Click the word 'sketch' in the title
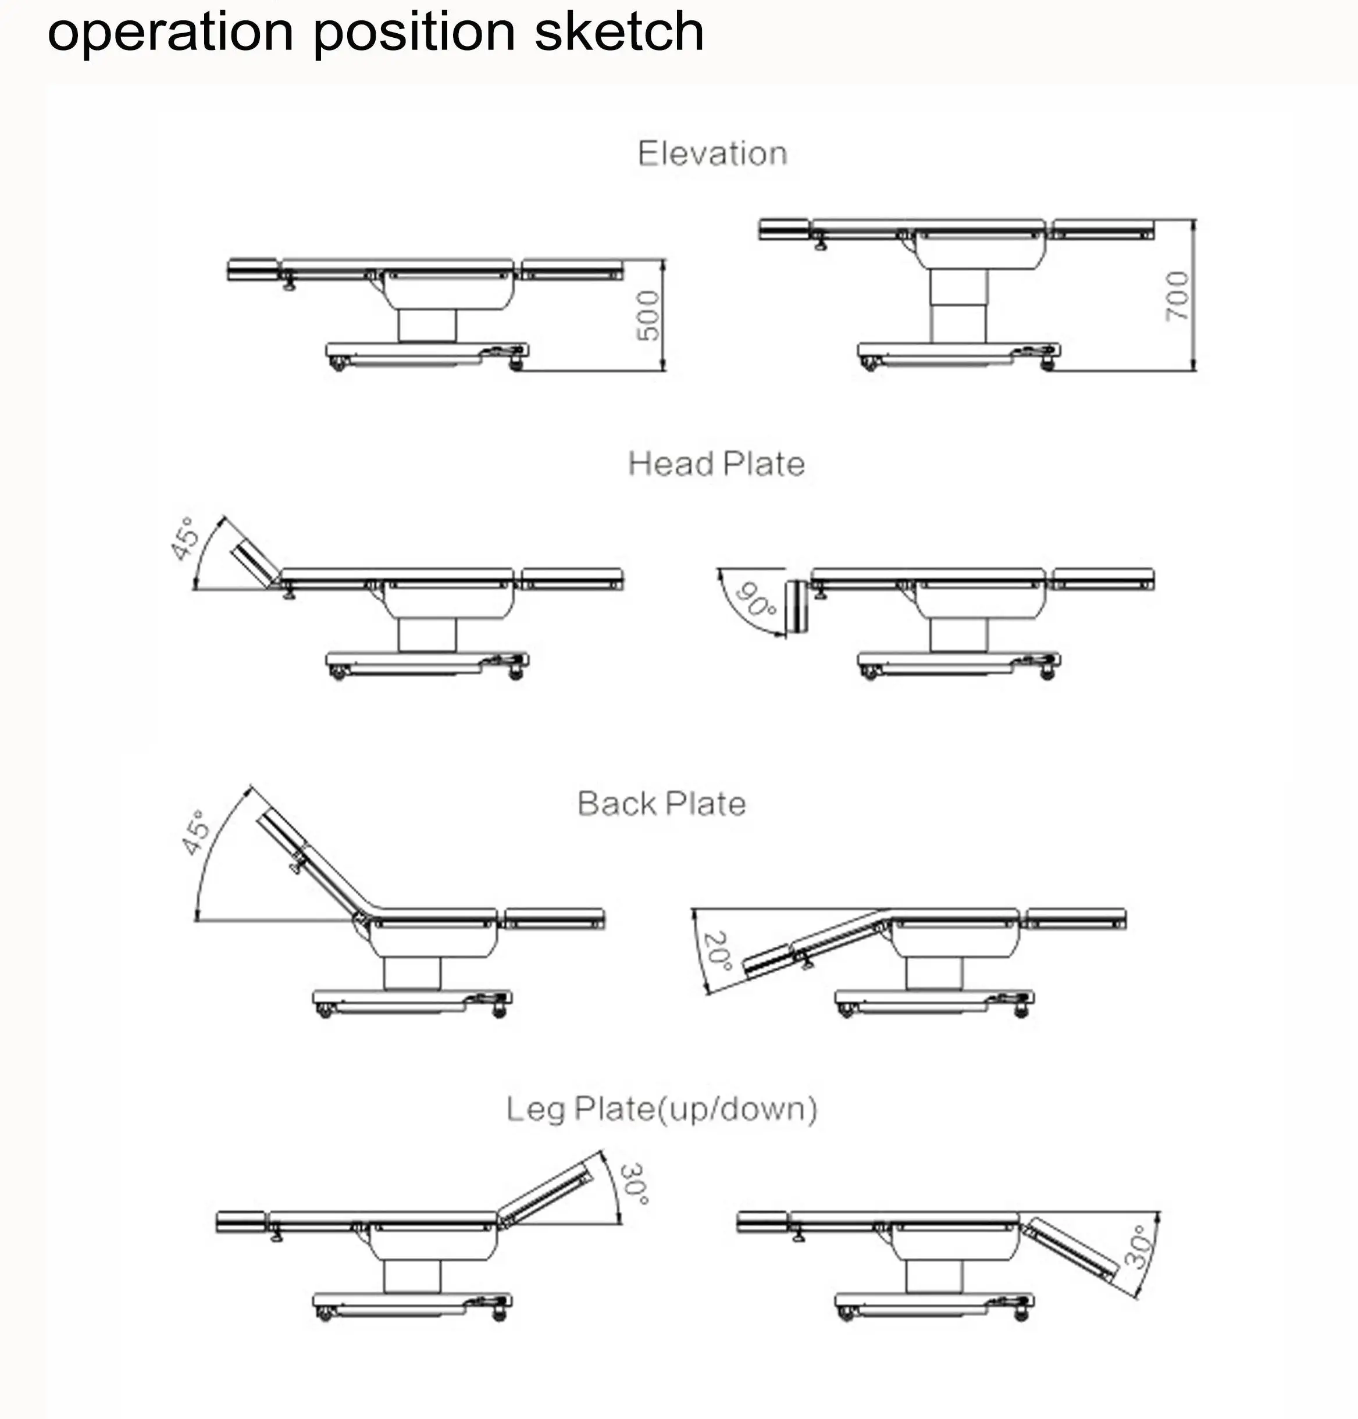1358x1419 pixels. (619, 32)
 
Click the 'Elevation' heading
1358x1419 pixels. (712, 154)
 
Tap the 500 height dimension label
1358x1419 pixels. (648, 316)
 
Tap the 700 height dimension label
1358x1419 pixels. (1177, 296)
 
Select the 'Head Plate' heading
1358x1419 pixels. (716, 464)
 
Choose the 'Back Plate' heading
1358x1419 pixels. (661, 804)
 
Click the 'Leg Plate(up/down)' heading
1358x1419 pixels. (661, 1109)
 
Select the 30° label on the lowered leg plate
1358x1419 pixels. (1138, 1247)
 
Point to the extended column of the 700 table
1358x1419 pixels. (958, 305)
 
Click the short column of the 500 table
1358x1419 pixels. (427, 326)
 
